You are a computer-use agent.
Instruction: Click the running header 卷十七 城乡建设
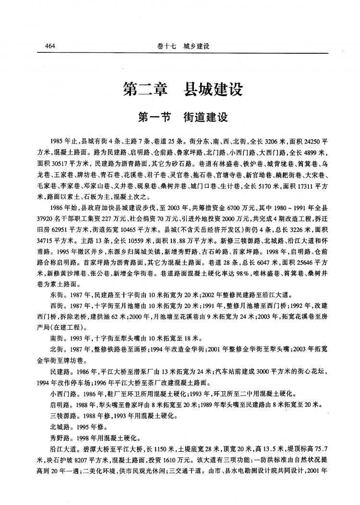(184, 46)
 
